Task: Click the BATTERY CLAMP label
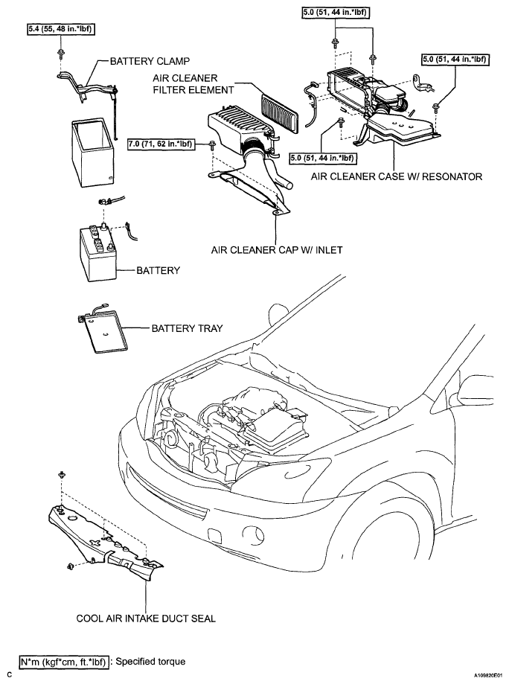(x=150, y=61)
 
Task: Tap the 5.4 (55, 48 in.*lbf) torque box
(x=61, y=29)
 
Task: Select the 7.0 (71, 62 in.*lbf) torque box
(x=161, y=143)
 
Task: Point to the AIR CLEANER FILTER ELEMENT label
(x=193, y=84)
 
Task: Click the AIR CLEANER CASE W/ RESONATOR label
(x=397, y=176)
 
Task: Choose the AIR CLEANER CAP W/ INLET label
(x=277, y=250)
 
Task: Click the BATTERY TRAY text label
(x=187, y=328)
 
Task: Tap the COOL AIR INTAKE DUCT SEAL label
(x=146, y=618)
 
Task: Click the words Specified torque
(x=150, y=662)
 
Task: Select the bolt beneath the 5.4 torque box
(x=60, y=54)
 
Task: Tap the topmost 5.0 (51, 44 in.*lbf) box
(x=336, y=13)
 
